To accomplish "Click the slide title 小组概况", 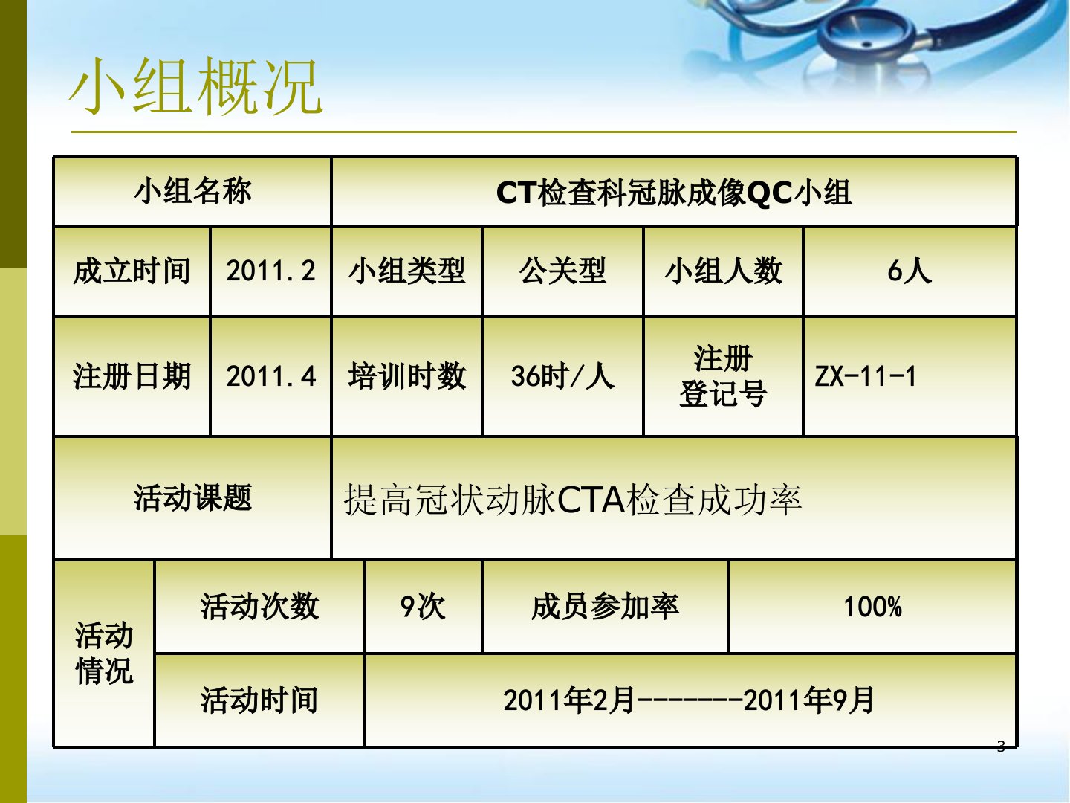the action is pyautogui.click(x=195, y=86).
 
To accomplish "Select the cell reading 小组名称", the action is pyautogui.click(x=192, y=190).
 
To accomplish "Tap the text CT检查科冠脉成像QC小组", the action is pyautogui.click(x=674, y=193).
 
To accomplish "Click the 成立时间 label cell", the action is pyautogui.click(x=132, y=271).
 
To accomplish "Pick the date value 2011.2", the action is pyautogui.click(x=270, y=271).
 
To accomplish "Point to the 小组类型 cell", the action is pyautogui.click(x=406, y=271).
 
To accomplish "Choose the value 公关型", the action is pyautogui.click(x=562, y=271).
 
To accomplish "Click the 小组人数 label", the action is pyautogui.click(x=724, y=271).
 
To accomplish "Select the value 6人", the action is pyautogui.click(x=909, y=271).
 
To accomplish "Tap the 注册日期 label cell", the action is pyautogui.click(x=132, y=376).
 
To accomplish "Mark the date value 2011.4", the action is pyautogui.click(x=270, y=376).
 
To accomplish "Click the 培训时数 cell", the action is pyautogui.click(x=406, y=376).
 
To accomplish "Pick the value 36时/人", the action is pyautogui.click(x=562, y=376).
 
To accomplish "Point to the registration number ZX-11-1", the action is pyautogui.click(x=865, y=376).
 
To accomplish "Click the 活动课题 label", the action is pyautogui.click(x=192, y=498).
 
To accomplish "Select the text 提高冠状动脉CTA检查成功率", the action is pyautogui.click(x=572, y=500).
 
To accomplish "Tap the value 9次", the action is pyautogui.click(x=423, y=607).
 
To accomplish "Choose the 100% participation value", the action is pyautogui.click(x=872, y=607).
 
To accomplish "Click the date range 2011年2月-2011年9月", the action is pyautogui.click(x=689, y=700).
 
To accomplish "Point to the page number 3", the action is pyautogui.click(x=1001, y=746).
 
